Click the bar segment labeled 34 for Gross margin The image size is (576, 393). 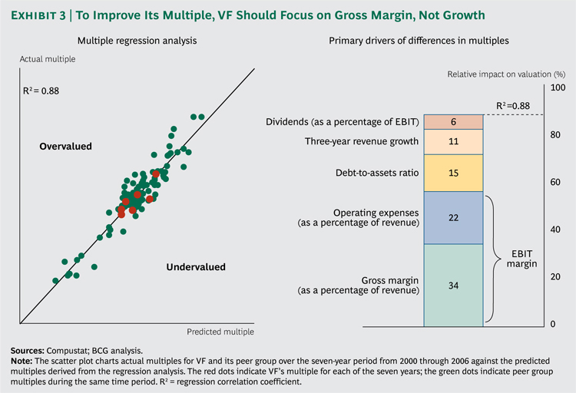click(452, 285)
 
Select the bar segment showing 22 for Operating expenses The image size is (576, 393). click(452, 218)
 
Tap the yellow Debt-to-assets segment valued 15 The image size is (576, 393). click(452, 173)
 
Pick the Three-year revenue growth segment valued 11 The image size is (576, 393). click(452, 141)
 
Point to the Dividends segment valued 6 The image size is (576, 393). click(452, 121)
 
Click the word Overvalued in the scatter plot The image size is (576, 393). click(65, 146)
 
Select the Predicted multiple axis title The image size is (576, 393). click(220, 332)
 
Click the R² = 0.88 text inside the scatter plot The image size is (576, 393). click(42, 90)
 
